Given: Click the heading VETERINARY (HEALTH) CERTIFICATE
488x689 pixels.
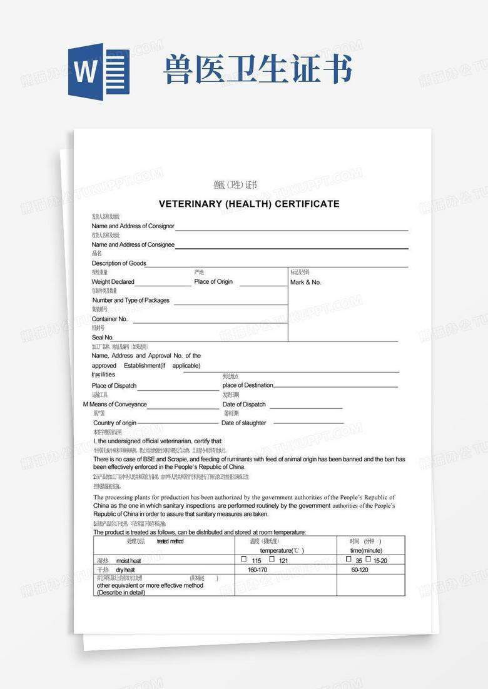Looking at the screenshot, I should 249,204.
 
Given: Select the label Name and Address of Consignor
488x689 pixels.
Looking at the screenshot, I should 133,226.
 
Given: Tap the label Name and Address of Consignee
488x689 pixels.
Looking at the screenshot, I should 133,244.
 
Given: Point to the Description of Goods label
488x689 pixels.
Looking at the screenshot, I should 119,263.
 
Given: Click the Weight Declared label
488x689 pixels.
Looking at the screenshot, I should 113,282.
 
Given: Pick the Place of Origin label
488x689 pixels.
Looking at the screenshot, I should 213,282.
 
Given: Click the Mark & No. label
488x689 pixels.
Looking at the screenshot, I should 306,283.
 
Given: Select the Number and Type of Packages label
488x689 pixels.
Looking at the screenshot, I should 131,300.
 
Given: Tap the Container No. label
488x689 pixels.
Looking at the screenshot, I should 109,319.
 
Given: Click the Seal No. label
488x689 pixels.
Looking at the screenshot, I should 103,338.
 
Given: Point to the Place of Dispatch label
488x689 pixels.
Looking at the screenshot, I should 114,386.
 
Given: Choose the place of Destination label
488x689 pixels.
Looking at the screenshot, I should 248,385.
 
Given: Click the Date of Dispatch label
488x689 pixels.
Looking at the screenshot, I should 244,405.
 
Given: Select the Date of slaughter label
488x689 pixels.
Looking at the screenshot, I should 244,423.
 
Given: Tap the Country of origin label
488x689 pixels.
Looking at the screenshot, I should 114,423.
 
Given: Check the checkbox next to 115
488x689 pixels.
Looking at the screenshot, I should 243,560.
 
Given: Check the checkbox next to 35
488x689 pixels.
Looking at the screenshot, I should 348,560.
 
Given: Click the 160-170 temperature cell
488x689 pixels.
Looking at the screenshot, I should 257,570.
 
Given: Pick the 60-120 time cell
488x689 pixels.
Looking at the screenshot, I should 360,570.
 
